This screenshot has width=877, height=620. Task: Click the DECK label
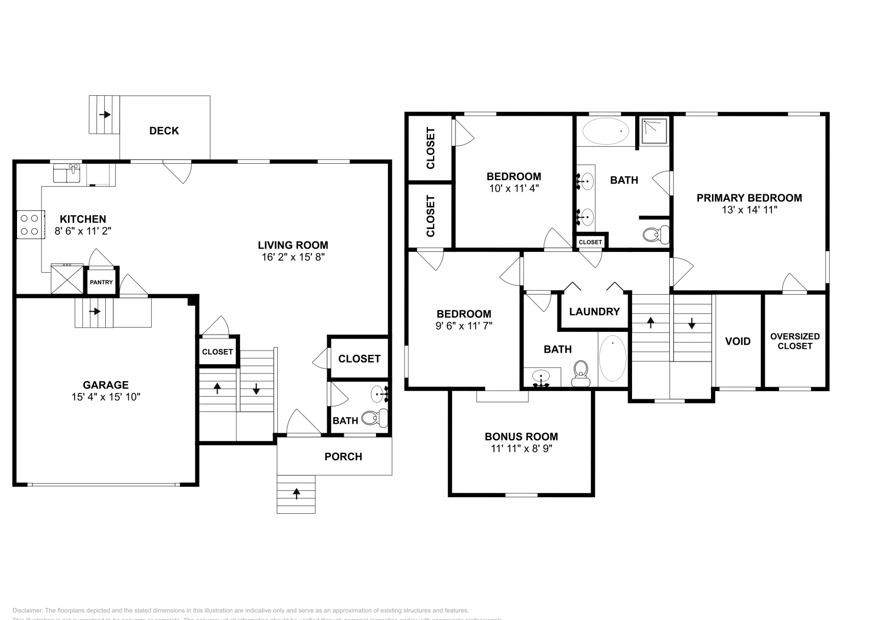(x=164, y=130)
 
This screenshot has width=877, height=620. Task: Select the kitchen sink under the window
(x=67, y=175)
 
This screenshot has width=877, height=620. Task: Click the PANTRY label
(x=101, y=283)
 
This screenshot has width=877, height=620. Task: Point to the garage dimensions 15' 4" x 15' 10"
(x=106, y=397)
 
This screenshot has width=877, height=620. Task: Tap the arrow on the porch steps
(x=297, y=493)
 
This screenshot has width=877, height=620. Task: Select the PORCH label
(x=343, y=456)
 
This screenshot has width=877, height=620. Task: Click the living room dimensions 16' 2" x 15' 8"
(x=293, y=256)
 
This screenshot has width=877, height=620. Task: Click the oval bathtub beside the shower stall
(x=606, y=131)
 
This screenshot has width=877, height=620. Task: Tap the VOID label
(x=738, y=341)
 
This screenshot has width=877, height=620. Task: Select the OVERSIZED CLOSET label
(x=795, y=341)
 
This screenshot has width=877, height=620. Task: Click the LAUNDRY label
(x=594, y=312)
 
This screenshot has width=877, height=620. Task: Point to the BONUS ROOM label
(x=521, y=437)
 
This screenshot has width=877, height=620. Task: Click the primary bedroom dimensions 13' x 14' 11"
(x=749, y=209)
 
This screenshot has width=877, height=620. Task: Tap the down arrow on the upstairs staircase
(x=692, y=323)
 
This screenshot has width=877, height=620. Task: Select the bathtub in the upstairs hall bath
(x=612, y=359)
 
